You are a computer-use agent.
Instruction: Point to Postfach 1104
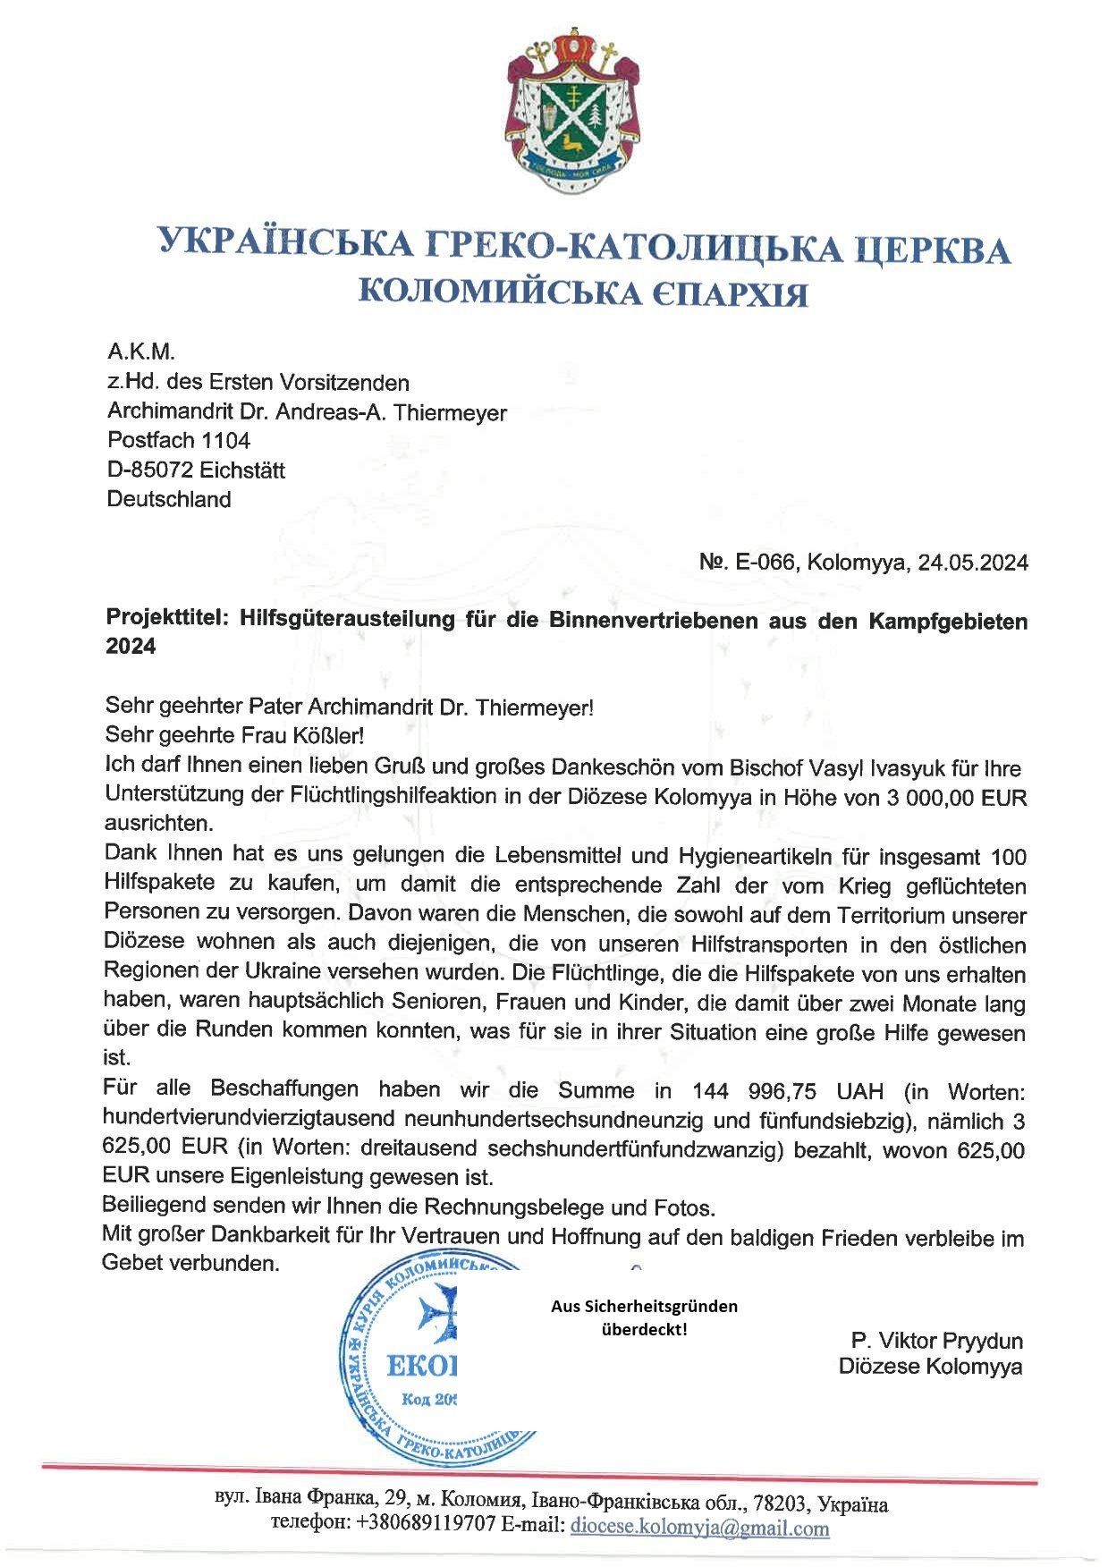pyautogui.click(x=179, y=440)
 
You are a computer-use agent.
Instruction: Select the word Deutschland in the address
pyautogui.click(x=169, y=499)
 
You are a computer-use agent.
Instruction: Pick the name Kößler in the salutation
pyautogui.click(x=329, y=736)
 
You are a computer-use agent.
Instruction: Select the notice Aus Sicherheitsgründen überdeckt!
pyautogui.click(x=644, y=1317)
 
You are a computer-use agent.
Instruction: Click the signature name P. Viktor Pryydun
pyautogui.click(x=936, y=1341)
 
